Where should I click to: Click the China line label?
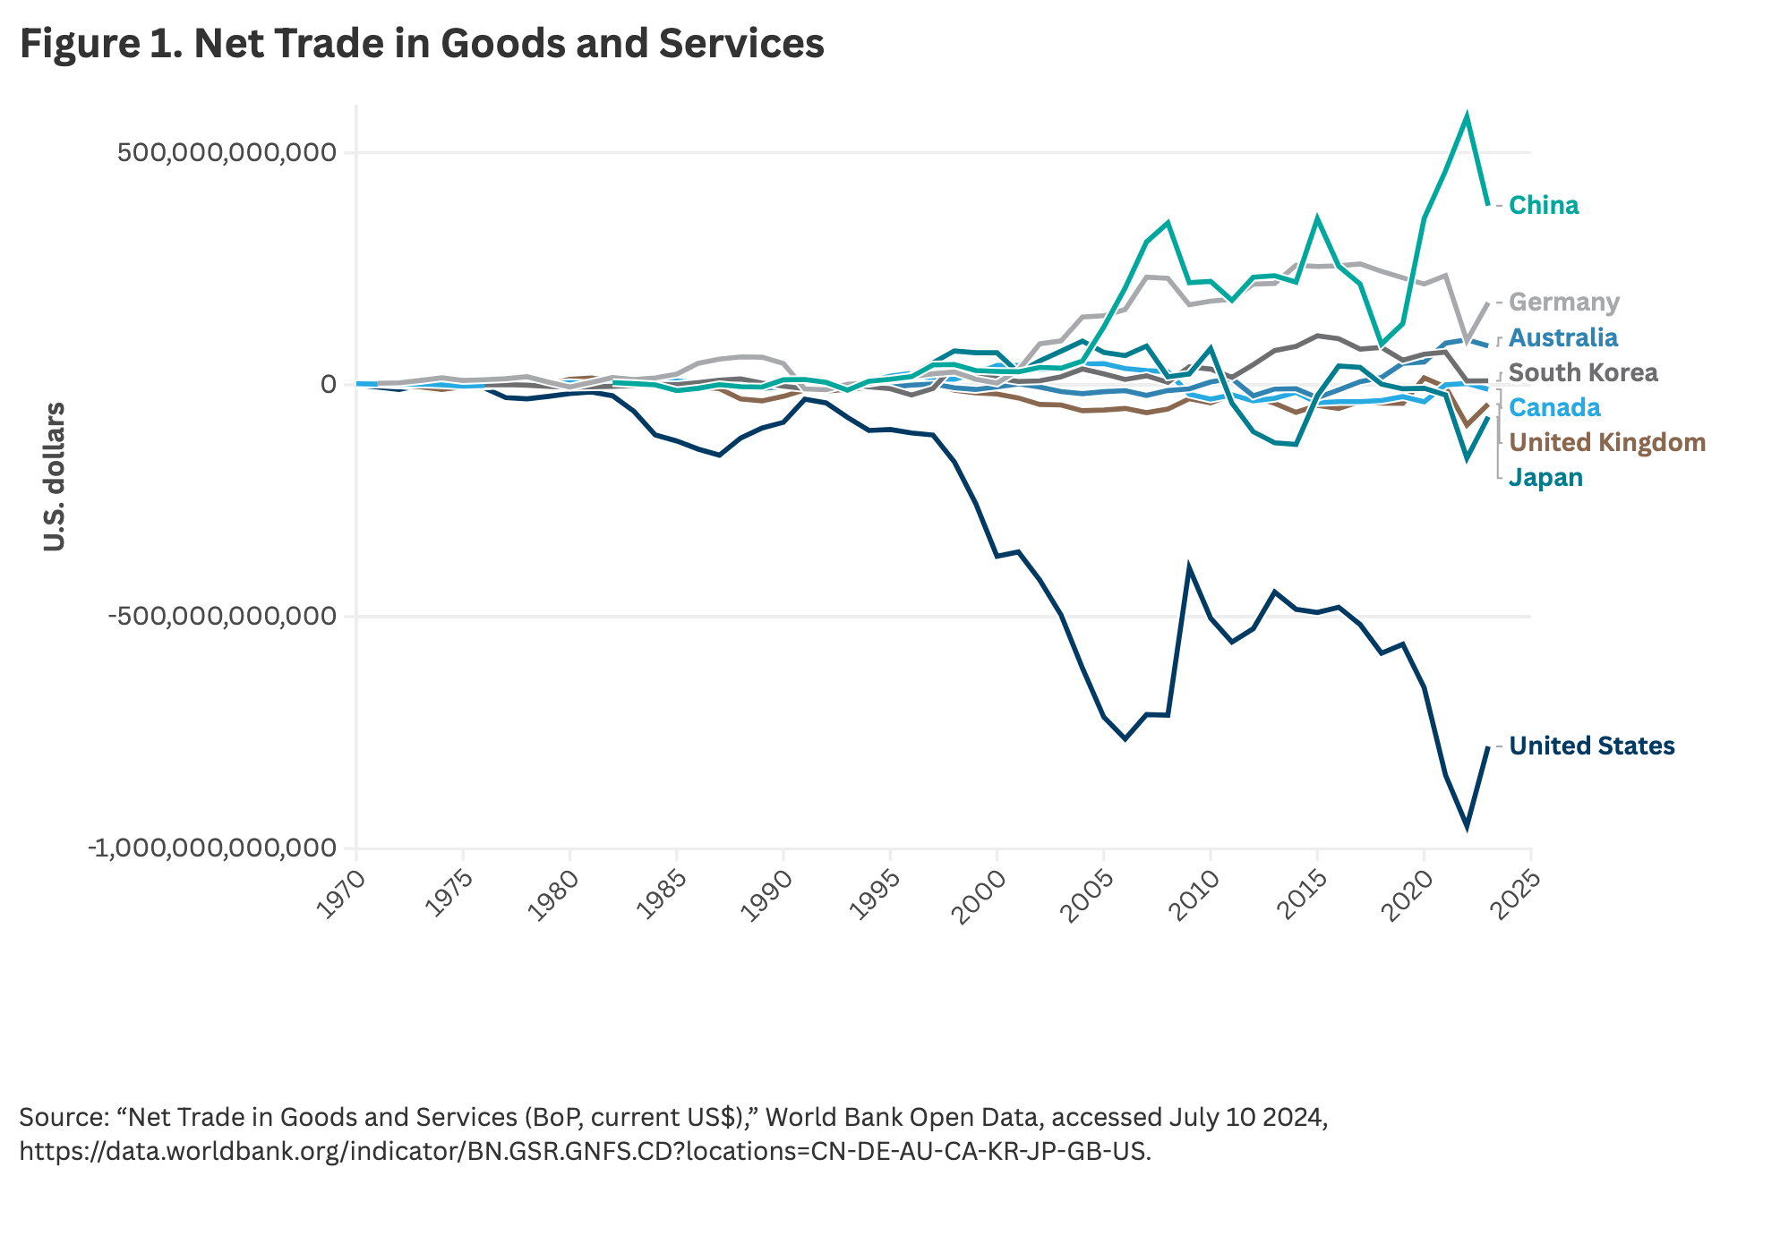point(1544,206)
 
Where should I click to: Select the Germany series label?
point(1564,303)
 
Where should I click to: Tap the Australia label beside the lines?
point(1563,337)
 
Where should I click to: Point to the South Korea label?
point(1583,372)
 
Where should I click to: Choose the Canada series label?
point(1554,407)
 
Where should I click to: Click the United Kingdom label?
point(1607,442)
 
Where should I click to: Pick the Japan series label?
point(1545,477)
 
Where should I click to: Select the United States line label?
point(1592,746)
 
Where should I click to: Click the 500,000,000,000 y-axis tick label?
point(227,152)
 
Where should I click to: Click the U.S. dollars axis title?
point(55,476)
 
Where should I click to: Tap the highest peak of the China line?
point(1467,115)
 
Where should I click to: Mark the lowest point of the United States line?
point(1467,825)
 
